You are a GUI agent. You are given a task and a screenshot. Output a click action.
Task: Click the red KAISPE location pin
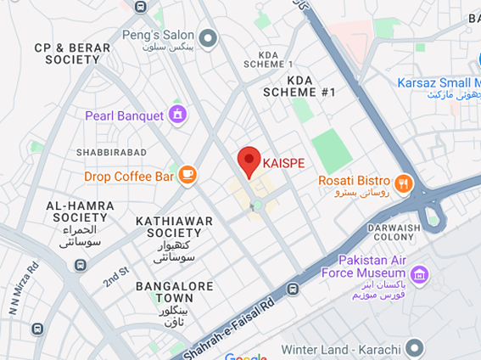click(x=248, y=160)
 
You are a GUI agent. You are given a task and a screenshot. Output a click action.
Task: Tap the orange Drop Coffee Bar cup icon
click(x=187, y=176)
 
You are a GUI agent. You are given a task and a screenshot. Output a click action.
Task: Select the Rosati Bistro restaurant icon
click(x=402, y=181)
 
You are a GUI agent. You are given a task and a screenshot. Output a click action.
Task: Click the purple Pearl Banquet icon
click(x=177, y=115)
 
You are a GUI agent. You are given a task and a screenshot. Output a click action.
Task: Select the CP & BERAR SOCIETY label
click(x=72, y=54)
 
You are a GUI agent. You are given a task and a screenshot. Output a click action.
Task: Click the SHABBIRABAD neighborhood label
click(x=111, y=152)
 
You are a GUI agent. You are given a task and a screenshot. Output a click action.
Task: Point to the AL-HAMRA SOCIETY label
click(x=76, y=211)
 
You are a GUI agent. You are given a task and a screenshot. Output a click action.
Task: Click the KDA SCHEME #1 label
click(x=299, y=85)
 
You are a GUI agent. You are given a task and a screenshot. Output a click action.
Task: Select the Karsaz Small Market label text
click(x=439, y=82)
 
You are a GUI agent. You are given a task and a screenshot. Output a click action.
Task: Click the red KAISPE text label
click(x=283, y=163)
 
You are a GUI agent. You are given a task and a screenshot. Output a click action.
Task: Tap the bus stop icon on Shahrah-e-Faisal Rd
click(x=293, y=289)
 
